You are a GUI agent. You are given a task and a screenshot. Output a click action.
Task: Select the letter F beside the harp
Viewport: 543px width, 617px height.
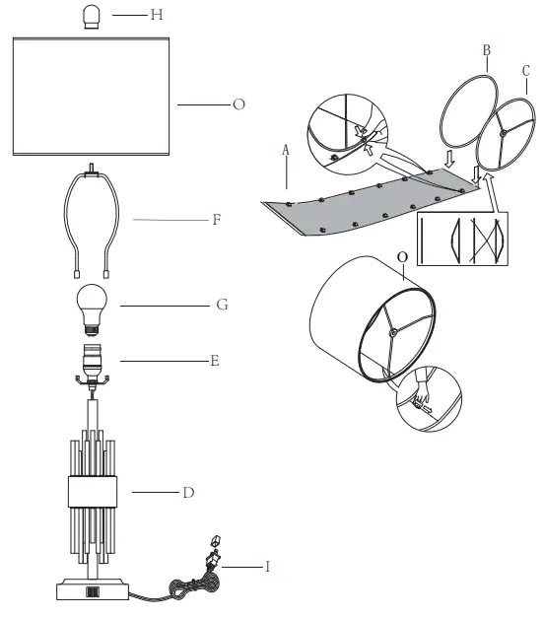[216, 220]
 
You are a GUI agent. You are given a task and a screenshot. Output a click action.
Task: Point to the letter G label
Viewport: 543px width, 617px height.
[222, 306]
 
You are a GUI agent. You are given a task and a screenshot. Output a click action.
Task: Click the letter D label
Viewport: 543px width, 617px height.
[214, 490]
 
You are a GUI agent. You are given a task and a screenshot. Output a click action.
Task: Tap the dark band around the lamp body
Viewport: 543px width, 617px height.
[93, 491]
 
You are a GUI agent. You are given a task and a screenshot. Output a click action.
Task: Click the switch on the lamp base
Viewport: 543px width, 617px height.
[94, 592]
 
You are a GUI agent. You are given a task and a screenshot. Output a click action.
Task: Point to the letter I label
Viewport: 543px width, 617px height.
[267, 566]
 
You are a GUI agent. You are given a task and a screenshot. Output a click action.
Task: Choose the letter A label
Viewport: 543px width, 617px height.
[285, 151]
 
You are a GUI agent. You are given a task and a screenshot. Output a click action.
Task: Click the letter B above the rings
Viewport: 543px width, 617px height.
[486, 49]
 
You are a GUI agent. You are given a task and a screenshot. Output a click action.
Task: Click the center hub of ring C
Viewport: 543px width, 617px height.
[504, 131]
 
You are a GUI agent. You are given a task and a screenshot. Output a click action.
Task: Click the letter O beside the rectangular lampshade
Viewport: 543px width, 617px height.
[238, 103]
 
